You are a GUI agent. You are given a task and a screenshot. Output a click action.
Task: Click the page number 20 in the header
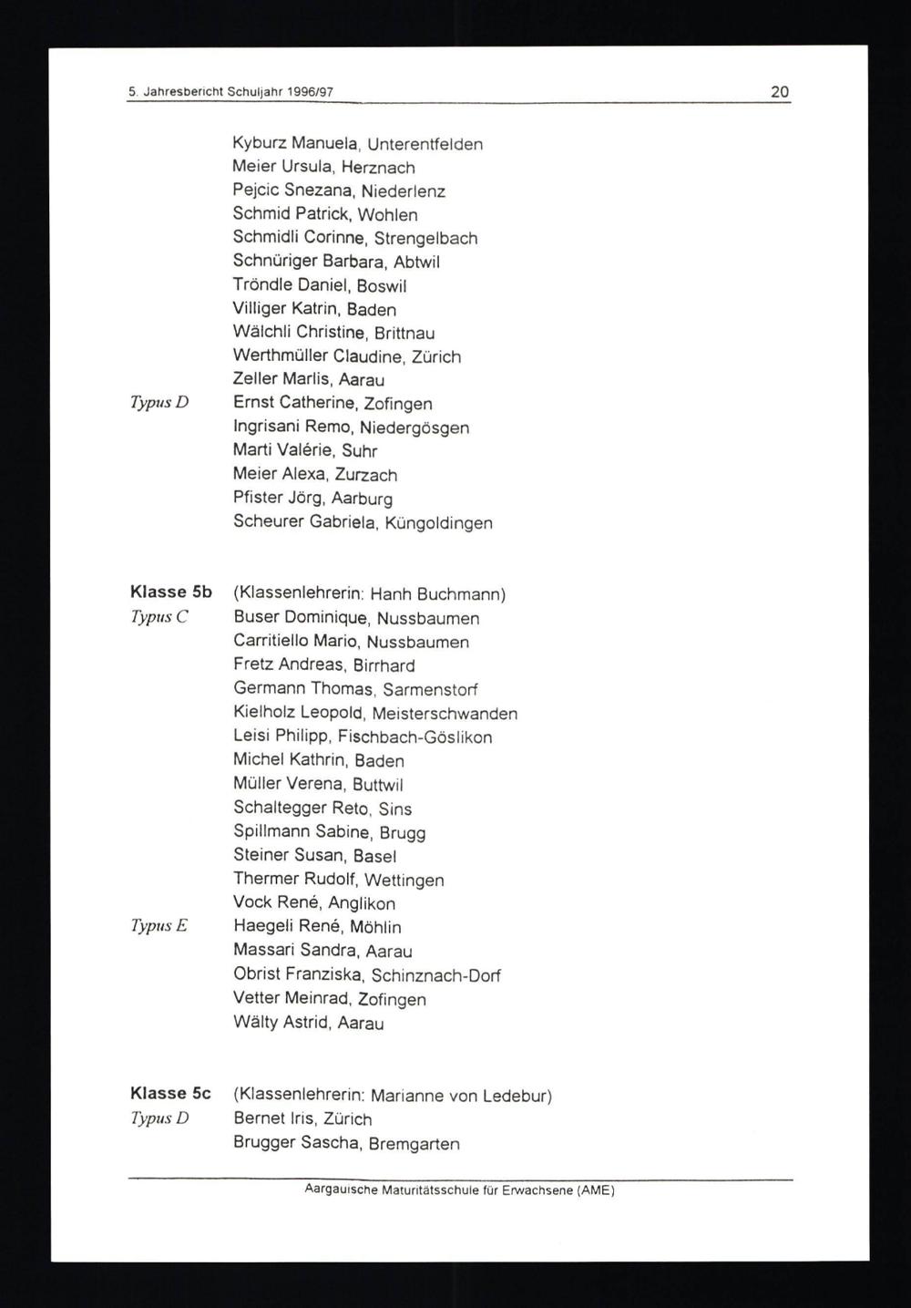(779, 91)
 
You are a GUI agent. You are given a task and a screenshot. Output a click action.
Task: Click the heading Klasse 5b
(171, 592)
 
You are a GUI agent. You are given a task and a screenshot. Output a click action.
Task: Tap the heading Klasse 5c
(170, 1093)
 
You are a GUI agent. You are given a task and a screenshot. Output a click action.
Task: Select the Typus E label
(159, 926)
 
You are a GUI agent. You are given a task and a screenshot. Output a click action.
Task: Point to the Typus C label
(159, 617)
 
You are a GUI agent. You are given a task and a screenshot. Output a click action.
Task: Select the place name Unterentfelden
(425, 144)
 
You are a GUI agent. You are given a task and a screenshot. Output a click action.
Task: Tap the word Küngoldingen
(438, 523)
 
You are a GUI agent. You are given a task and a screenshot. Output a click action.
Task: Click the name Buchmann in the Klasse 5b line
(464, 594)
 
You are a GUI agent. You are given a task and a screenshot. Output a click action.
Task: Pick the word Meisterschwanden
(445, 714)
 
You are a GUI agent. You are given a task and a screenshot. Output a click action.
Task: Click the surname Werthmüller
(280, 355)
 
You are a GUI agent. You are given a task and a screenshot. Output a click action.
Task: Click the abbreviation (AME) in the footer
(596, 1190)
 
